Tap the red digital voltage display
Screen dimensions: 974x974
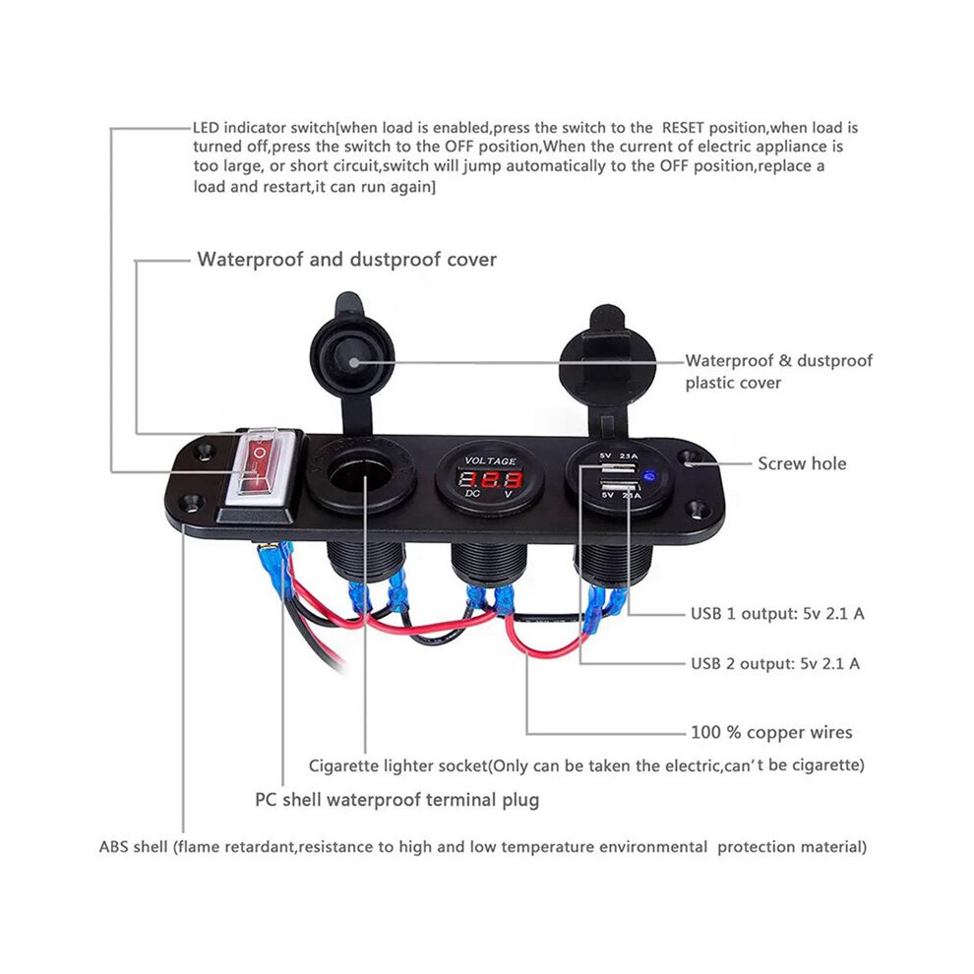tap(491, 479)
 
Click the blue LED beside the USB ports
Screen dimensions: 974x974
tap(650, 477)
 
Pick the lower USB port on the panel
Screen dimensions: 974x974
tap(619, 486)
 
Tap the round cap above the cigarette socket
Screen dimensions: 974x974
tap(352, 359)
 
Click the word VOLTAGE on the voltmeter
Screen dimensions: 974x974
tap(491, 460)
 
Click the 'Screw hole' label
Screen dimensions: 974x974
tap(802, 463)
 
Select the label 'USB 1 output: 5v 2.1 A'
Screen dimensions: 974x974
tap(777, 614)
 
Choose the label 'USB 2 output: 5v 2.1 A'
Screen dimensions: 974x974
tap(775, 663)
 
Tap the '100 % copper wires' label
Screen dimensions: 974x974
tap(771, 732)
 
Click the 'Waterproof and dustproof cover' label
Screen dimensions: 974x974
tap(346, 260)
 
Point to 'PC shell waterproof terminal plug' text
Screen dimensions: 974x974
tap(396, 800)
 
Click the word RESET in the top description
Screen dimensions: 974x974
tap(684, 128)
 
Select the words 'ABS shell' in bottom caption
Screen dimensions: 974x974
tap(134, 847)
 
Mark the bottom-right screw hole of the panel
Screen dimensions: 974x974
tap(697, 511)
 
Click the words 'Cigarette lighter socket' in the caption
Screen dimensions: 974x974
tap(397, 765)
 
